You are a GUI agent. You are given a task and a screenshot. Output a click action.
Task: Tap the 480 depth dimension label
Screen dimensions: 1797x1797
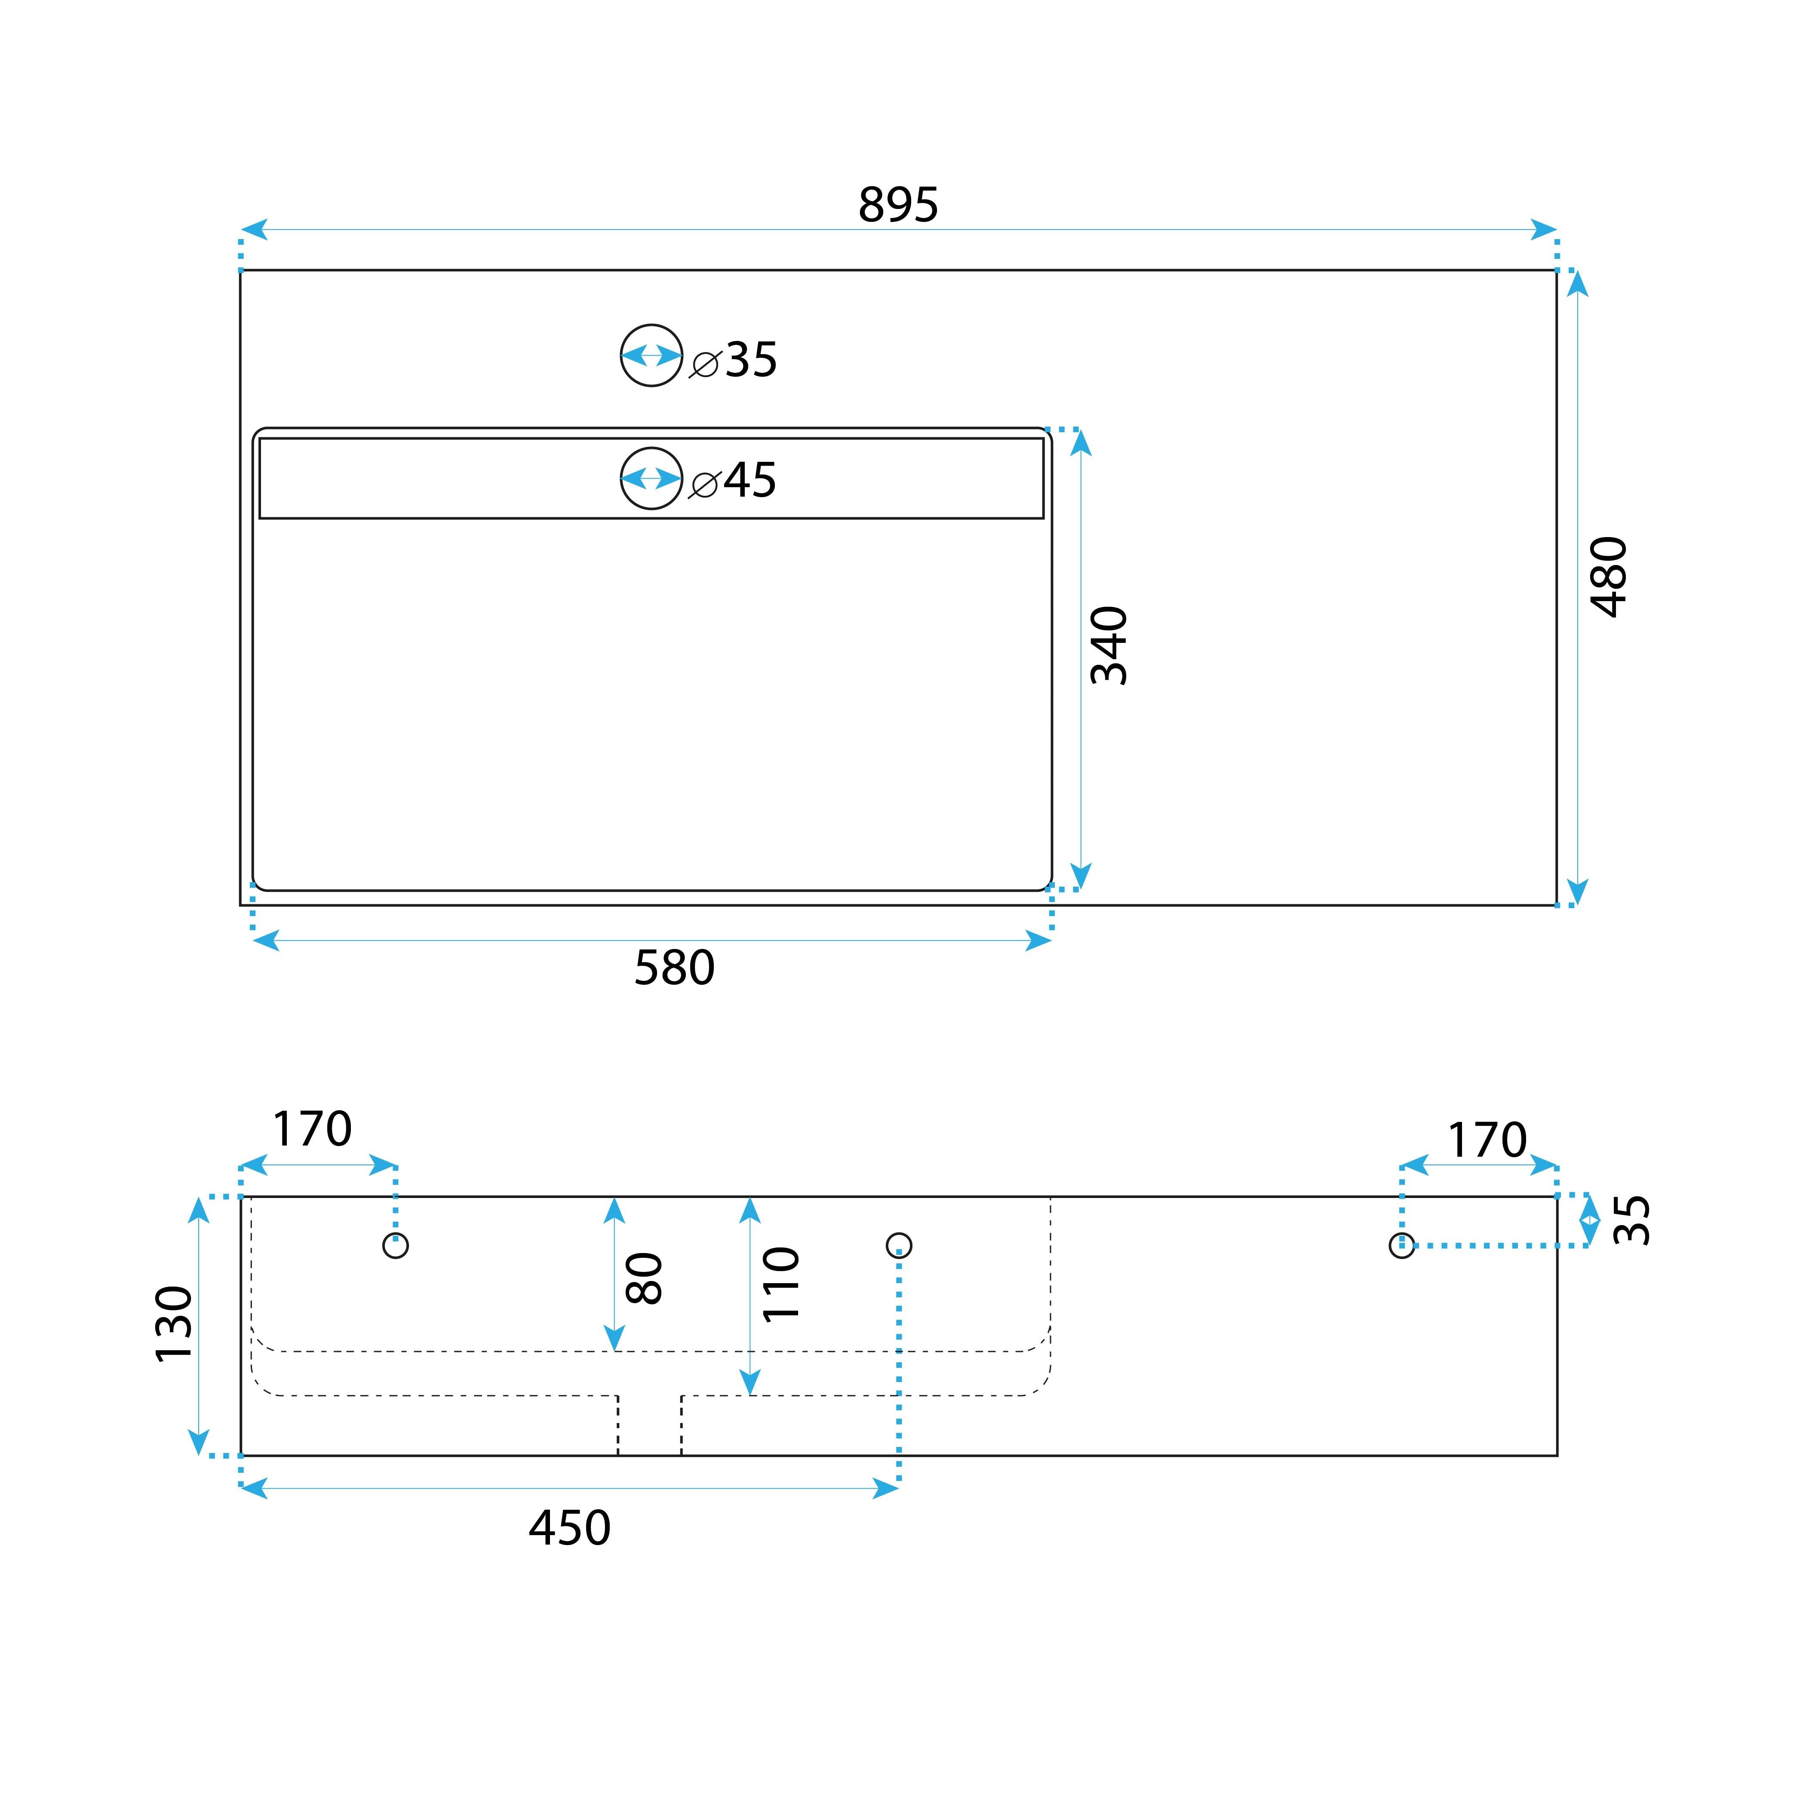coord(1608,577)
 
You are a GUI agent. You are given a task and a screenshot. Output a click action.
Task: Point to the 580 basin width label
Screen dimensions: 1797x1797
coord(674,968)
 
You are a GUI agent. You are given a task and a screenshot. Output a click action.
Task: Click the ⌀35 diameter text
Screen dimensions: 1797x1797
coord(734,360)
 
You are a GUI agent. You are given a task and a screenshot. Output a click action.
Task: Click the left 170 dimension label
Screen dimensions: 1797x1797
coord(313,1129)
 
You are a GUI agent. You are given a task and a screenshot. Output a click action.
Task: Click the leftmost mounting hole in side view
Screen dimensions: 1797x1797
coord(395,1245)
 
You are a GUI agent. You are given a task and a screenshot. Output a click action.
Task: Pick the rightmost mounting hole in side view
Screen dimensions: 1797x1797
coord(1402,1245)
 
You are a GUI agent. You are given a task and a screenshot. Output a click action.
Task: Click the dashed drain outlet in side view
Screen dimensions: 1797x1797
coord(649,1425)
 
